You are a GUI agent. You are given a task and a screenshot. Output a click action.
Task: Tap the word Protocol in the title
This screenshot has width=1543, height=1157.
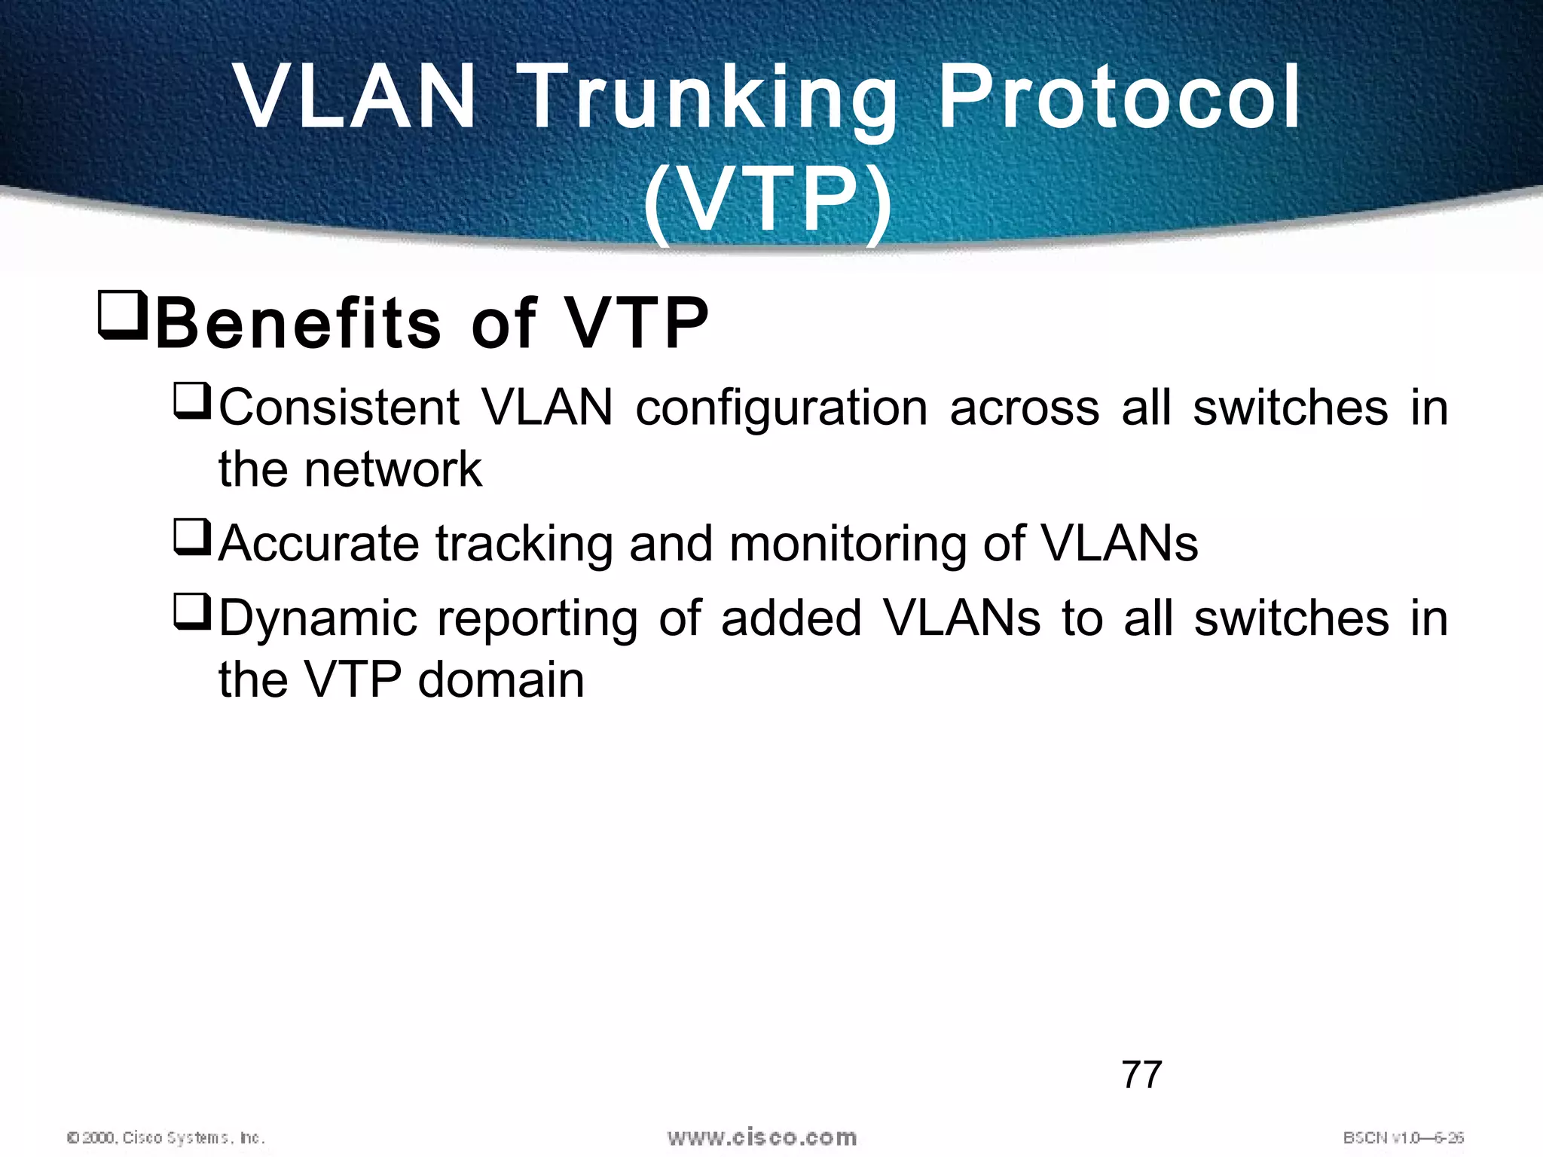tap(1120, 98)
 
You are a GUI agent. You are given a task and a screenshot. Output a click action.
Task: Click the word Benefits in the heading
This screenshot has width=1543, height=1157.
tap(298, 323)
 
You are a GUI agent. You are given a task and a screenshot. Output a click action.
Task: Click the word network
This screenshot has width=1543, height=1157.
tap(392, 470)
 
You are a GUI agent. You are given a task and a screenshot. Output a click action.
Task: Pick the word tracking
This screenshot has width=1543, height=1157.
tap(524, 545)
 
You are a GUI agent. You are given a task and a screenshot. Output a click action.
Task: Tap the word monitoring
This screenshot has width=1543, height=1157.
tap(848, 545)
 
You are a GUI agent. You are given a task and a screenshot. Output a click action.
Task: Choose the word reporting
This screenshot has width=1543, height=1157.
tap(537, 620)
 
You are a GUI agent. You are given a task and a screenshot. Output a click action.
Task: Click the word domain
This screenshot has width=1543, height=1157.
tap(500, 680)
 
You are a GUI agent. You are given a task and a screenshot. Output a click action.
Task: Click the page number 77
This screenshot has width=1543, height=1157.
tap(1141, 1074)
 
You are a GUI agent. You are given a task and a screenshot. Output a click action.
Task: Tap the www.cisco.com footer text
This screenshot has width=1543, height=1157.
tap(762, 1137)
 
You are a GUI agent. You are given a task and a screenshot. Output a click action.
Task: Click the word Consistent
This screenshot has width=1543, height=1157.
tap(339, 409)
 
